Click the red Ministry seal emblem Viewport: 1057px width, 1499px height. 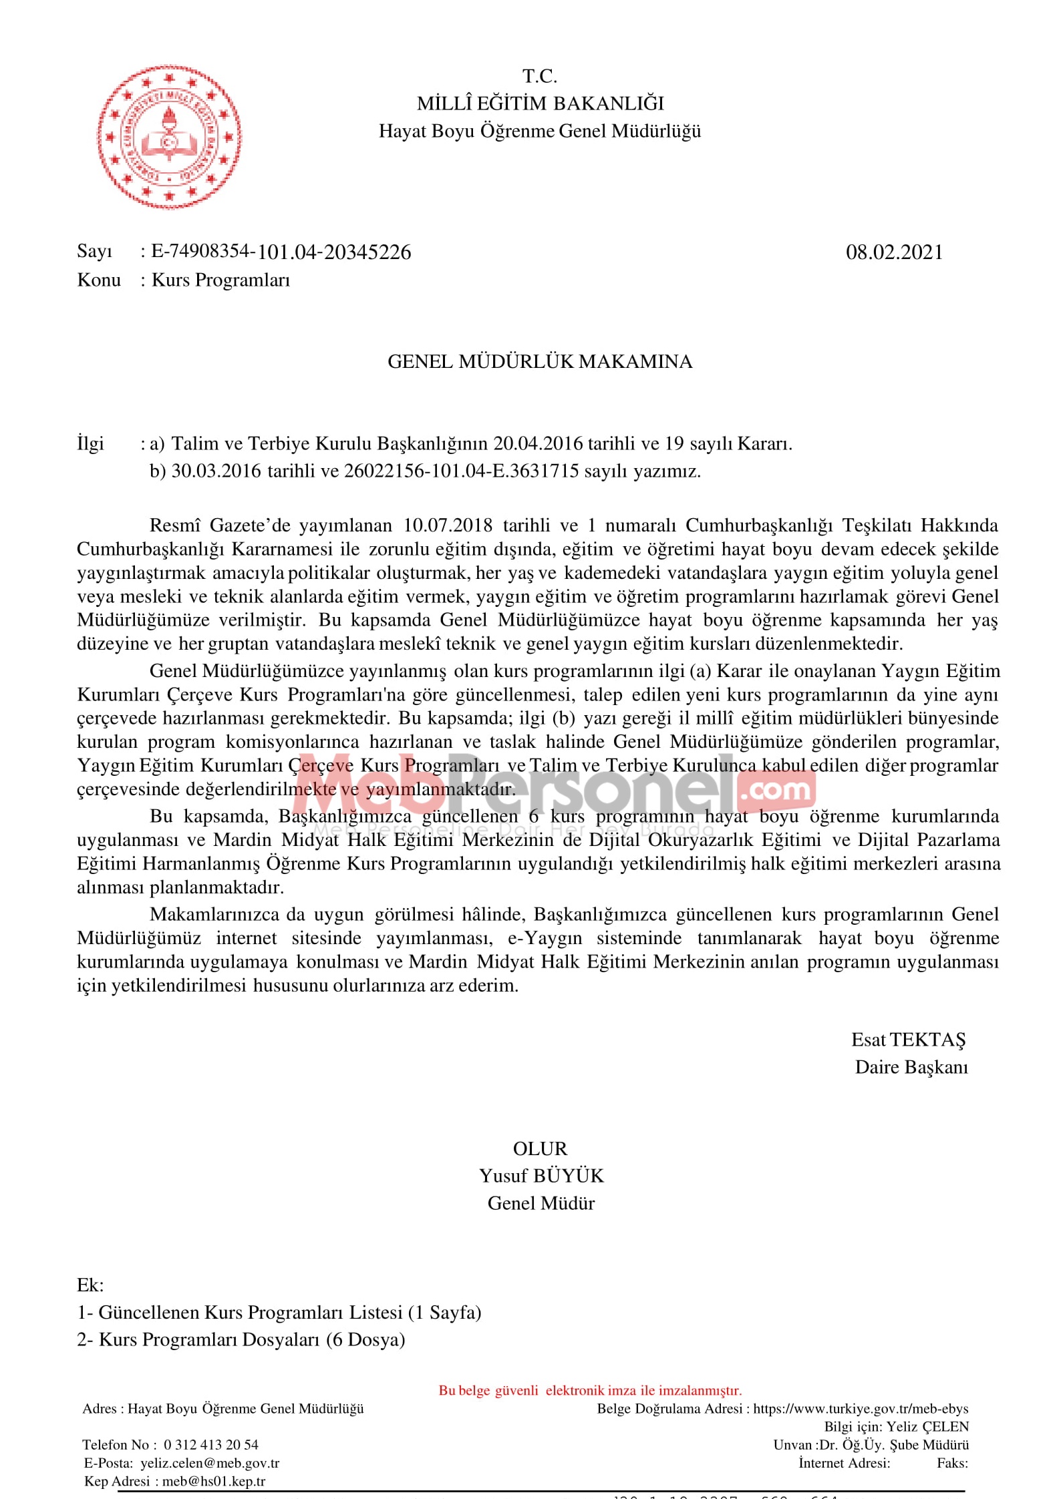click(169, 138)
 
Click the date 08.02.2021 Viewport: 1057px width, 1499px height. click(894, 252)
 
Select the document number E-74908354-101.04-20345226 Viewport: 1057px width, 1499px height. click(281, 252)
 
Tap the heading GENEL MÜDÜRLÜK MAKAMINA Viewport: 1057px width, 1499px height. click(540, 362)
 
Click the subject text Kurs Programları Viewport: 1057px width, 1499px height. click(221, 280)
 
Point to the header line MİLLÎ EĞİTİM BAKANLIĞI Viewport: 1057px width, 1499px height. click(540, 103)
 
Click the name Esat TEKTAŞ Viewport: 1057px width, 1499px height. click(908, 1040)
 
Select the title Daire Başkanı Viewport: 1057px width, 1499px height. click(911, 1067)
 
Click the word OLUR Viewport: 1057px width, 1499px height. click(540, 1148)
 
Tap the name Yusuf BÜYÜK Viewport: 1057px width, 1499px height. click(541, 1176)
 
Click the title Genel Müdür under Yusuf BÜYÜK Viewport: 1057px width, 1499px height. click(541, 1203)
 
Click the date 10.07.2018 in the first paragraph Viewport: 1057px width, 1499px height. click(448, 525)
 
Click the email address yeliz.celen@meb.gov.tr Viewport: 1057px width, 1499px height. click(210, 1463)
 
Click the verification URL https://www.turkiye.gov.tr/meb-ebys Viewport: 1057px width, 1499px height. click(861, 1409)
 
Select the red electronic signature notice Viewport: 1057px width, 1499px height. click(590, 1391)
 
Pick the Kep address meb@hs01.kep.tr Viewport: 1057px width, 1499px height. click(214, 1481)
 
